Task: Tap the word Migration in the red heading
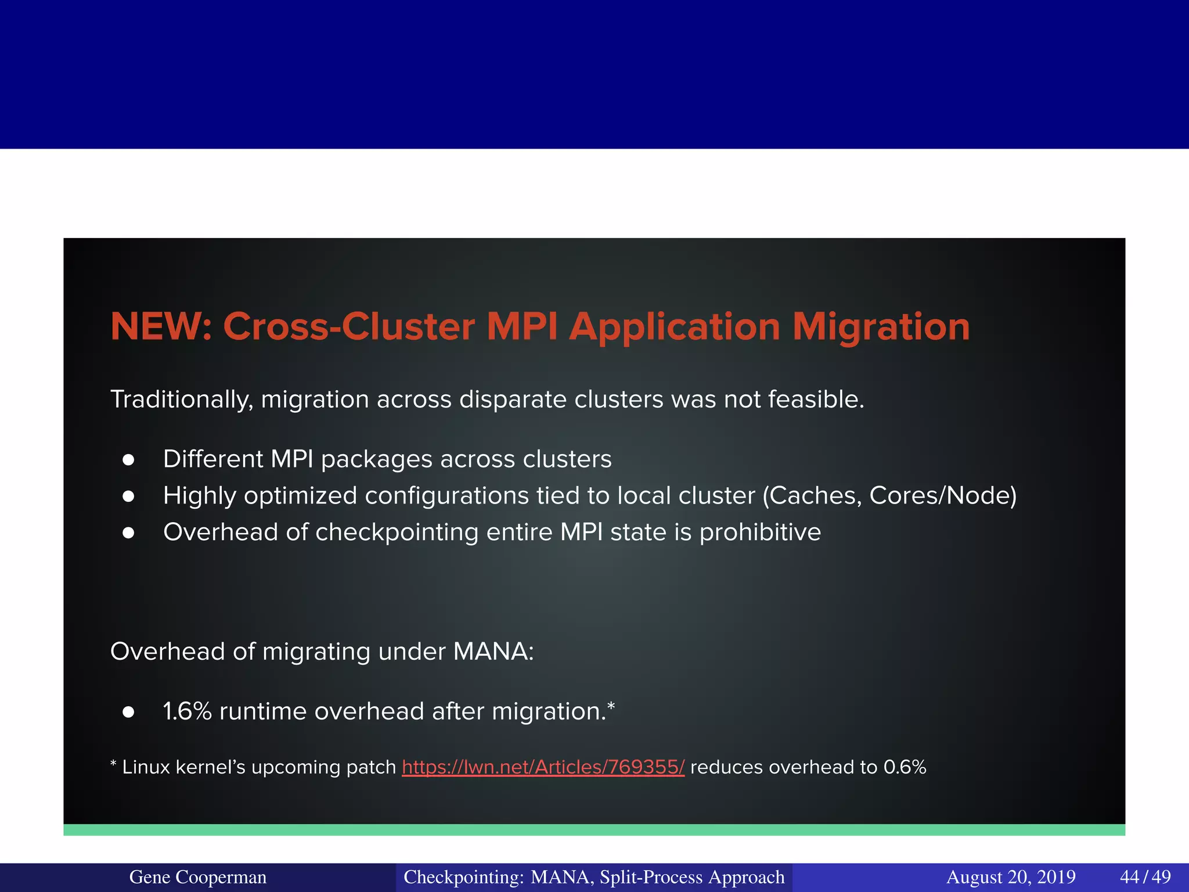[881, 326]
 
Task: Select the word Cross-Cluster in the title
[349, 326]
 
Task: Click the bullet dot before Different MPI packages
[129, 461]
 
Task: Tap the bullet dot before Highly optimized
[129, 497]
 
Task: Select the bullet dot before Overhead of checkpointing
[129, 533]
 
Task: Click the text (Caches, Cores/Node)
[889, 496]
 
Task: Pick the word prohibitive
[760, 533]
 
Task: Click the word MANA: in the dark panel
[493, 652]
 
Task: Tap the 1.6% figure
[187, 711]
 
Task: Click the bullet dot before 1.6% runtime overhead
[129, 713]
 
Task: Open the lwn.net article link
[543, 767]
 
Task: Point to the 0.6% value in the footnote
[905, 767]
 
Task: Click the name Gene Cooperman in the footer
[197, 877]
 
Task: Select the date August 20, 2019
[1011, 877]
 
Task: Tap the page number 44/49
[1145, 877]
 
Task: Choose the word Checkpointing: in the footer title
[464, 877]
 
